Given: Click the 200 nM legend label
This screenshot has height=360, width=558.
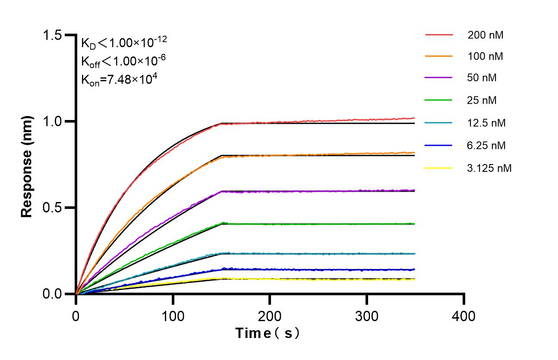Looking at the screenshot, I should (485, 35).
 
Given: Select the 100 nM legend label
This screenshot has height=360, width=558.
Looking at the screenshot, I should (485, 56).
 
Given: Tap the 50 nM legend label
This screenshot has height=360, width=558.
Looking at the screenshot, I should (482, 78).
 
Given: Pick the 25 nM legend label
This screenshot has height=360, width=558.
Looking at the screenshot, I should (482, 101).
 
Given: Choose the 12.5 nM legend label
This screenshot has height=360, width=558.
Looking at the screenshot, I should (486, 123).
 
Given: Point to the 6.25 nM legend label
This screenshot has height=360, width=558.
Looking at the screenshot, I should (486, 145).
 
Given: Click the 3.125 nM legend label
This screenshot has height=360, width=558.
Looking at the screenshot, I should (489, 168).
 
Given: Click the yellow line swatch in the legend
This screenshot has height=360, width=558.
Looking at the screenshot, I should (438, 168).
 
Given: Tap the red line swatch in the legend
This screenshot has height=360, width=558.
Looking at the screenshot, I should (438, 34).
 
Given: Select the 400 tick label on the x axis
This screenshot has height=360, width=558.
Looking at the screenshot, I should (464, 316).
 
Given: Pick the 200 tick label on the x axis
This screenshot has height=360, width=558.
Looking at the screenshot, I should (270, 316).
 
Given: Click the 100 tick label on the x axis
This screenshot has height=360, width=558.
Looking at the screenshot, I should (173, 316).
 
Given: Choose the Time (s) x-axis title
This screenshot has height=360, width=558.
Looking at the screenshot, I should (267, 333).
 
